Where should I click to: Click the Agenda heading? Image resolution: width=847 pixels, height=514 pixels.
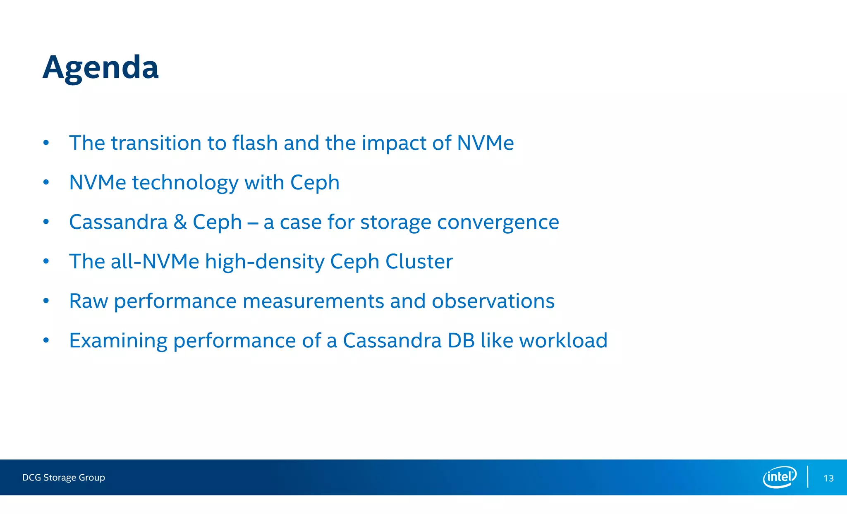click(100, 67)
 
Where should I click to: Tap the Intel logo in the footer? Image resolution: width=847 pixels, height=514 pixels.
click(780, 477)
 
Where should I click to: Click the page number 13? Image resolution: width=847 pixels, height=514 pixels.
click(828, 478)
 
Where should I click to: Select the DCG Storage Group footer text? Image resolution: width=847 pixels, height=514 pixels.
click(64, 478)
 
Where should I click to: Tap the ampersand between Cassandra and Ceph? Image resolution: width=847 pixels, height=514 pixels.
click(180, 222)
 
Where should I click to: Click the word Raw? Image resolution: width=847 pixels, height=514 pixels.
click(89, 301)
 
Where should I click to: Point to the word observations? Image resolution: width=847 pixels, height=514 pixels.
click(493, 301)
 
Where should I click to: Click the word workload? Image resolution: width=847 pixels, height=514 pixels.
click(563, 341)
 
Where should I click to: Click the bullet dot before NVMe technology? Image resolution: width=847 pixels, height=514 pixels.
click(46, 182)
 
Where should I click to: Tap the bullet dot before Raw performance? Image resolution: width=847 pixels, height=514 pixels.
click(46, 301)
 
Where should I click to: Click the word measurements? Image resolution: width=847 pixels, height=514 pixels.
click(313, 301)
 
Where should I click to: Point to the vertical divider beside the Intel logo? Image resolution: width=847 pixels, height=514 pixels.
click(808, 477)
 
